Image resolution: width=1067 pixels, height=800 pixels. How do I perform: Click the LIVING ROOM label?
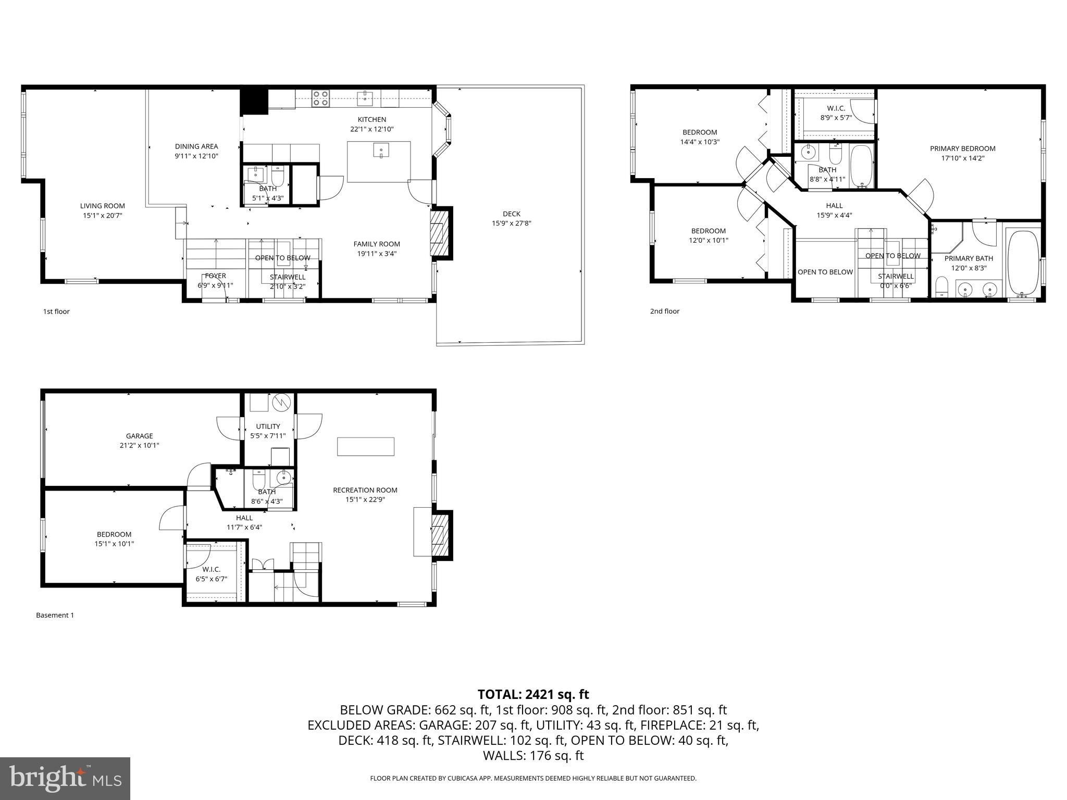(x=103, y=206)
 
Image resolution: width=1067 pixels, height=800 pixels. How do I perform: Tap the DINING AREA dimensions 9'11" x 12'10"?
(x=196, y=156)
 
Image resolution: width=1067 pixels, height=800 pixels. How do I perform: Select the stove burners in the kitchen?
(x=320, y=98)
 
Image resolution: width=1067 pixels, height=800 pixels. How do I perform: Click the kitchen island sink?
(x=381, y=151)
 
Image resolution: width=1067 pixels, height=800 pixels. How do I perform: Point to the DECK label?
(x=511, y=214)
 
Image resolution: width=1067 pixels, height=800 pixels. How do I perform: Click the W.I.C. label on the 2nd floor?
(x=836, y=108)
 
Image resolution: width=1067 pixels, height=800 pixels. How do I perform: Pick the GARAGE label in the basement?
(x=139, y=436)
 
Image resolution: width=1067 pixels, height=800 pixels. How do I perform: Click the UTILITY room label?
(x=268, y=426)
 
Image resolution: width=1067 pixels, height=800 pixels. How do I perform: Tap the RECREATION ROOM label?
(x=365, y=490)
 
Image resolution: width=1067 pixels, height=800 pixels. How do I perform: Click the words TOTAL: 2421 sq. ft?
(x=533, y=694)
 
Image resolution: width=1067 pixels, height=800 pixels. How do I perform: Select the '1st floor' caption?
(x=56, y=311)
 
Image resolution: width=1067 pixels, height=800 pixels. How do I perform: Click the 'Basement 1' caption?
(x=55, y=615)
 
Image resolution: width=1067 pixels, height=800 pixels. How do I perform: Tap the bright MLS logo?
(x=65, y=778)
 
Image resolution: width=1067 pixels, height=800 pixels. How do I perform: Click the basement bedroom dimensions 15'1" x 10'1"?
(x=114, y=544)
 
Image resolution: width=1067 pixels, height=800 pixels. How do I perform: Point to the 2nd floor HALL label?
(x=834, y=205)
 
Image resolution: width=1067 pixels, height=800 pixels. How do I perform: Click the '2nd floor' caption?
(x=664, y=311)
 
